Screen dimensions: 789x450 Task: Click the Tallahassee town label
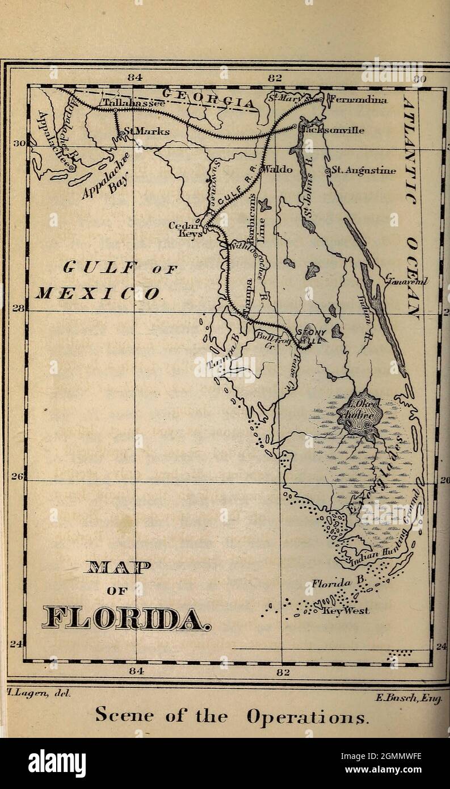(x=134, y=103)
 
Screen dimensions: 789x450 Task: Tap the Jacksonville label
(x=333, y=129)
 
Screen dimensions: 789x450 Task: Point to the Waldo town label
(x=279, y=169)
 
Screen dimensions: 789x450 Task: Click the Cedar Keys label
(x=183, y=229)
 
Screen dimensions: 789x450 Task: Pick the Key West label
(x=346, y=611)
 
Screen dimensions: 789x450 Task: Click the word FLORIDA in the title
(x=126, y=619)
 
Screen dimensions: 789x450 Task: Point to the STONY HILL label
(x=312, y=335)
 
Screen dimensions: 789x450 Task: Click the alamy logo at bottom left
(x=57, y=764)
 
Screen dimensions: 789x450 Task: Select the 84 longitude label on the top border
(x=134, y=78)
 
